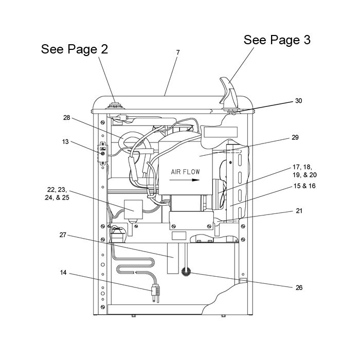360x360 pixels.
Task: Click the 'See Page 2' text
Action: pyautogui.click(x=75, y=49)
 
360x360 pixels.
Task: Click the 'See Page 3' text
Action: pyautogui.click(x=277, y=40)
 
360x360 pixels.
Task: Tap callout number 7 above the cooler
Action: pyautogui.click(x=178, y=52)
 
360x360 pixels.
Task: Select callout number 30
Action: pyautogui.click(x=298, y=101)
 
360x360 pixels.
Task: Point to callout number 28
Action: pyautogui.click(x=66, y=118)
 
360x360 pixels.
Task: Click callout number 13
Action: pyautogui.click(x=65, y=141)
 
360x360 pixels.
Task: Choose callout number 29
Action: pyautogui.click(x=295, y=137)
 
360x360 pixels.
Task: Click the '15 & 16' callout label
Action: pyautogui.click(x=304, y=186)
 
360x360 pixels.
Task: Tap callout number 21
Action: pyautogui.click(x=299, y=211)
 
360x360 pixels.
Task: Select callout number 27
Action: pyautogui.click(x=63, y=235)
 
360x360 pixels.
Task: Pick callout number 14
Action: pyautogui.click(x=63, y=273)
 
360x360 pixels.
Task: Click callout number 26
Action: pyautogui.click(x=299, y=287)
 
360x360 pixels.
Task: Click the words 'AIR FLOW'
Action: pyautogui.click(x=185, y=172)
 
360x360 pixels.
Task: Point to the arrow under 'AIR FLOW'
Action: pyautogui.click(x=184, y=180)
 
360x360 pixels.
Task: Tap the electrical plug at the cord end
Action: pyautogui.click(x=155, y=293)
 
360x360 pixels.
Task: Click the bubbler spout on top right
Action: pyautogui.click(x=229, y=93)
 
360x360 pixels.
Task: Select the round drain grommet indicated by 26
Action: pyautogui.click(x=186, y=272)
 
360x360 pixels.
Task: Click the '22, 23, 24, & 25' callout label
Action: pyautogui.click(x=57, y=193)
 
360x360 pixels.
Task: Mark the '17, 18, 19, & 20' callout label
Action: pyautogui.click(x=304, y=171)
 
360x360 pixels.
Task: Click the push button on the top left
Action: pyautogui.click(x=116, y=106)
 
